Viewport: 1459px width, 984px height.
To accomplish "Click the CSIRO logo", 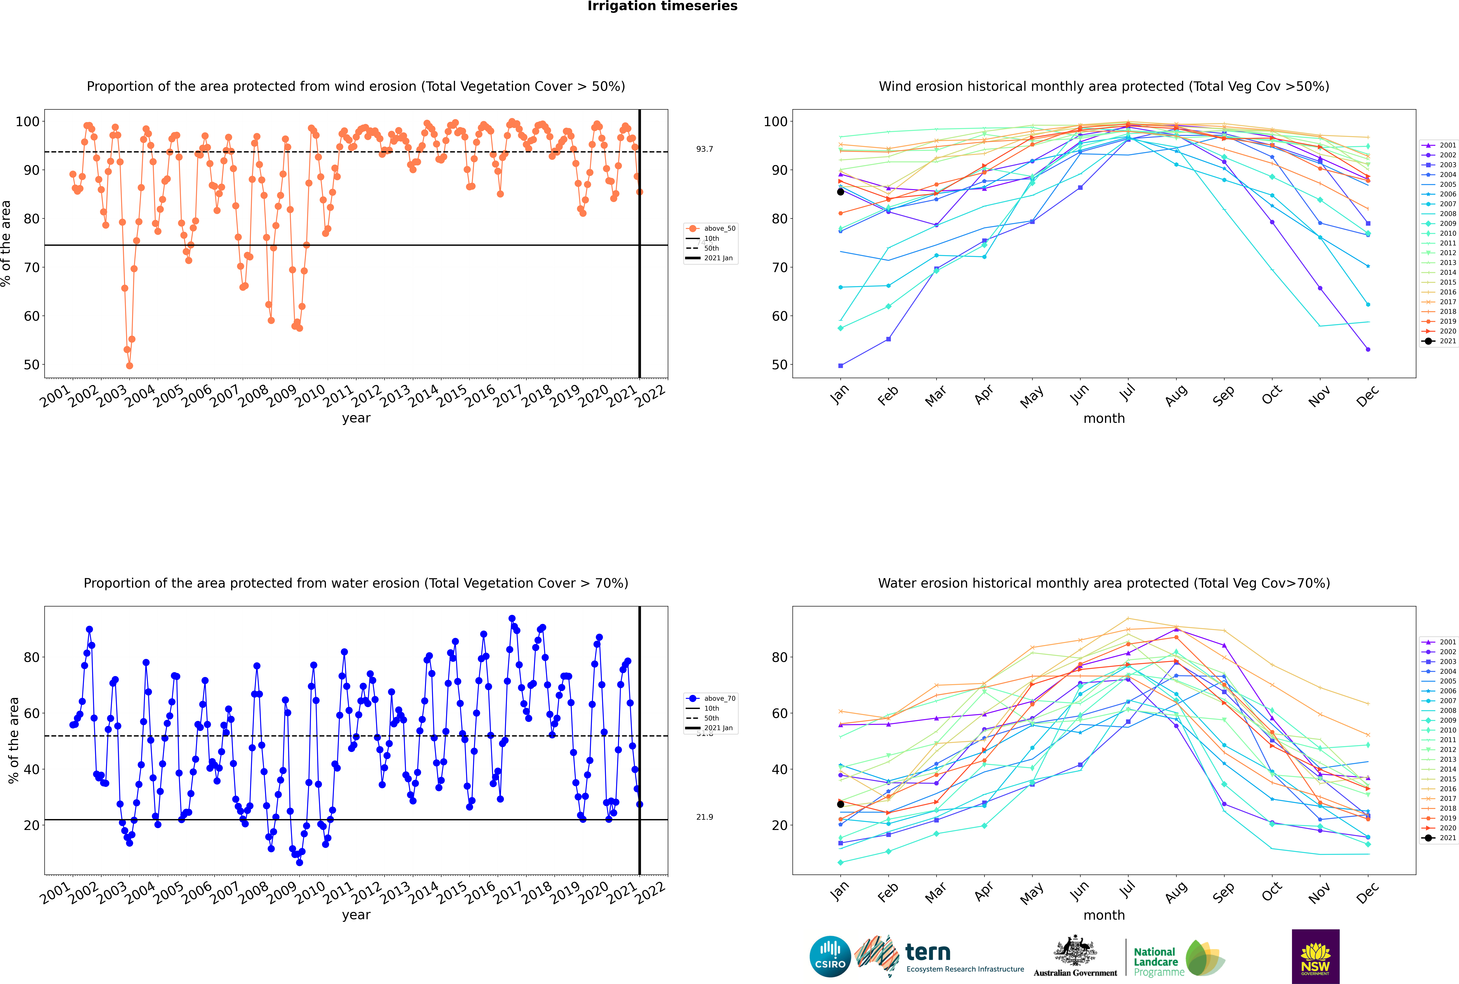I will pos(830,956).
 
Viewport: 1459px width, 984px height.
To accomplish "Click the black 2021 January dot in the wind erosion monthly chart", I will pos(841,191).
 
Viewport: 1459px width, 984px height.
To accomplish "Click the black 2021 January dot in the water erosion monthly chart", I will pos(841,804).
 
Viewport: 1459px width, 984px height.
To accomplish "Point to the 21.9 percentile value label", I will pos(704,817).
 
